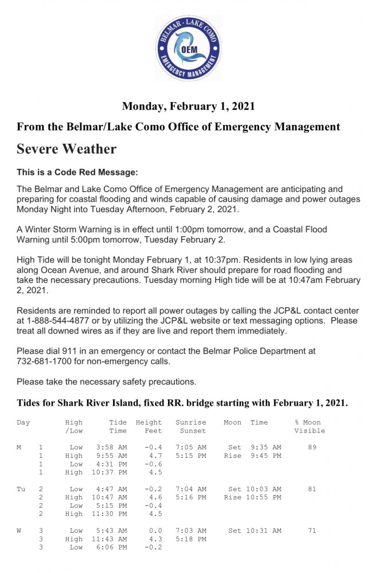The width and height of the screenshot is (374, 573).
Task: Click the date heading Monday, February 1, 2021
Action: pos(188,106)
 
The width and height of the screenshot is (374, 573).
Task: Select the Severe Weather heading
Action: pos(67,149)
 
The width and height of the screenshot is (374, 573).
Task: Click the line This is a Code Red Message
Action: pos(77,172)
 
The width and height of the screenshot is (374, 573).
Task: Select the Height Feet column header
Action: pos(149,426)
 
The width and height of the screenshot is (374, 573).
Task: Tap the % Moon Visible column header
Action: pos(309,426)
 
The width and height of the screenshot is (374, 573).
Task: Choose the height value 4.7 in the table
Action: pos(153,456)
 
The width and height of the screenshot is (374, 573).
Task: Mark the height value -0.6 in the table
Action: pos(152,464)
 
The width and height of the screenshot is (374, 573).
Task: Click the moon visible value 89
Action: pos(311,447)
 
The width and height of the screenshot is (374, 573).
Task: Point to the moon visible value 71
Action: pos(311,531)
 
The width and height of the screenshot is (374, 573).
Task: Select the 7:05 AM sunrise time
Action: pos(191,447)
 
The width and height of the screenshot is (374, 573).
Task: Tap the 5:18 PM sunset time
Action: pos(191,539)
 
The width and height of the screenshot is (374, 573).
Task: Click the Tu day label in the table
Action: pos(21,489)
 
